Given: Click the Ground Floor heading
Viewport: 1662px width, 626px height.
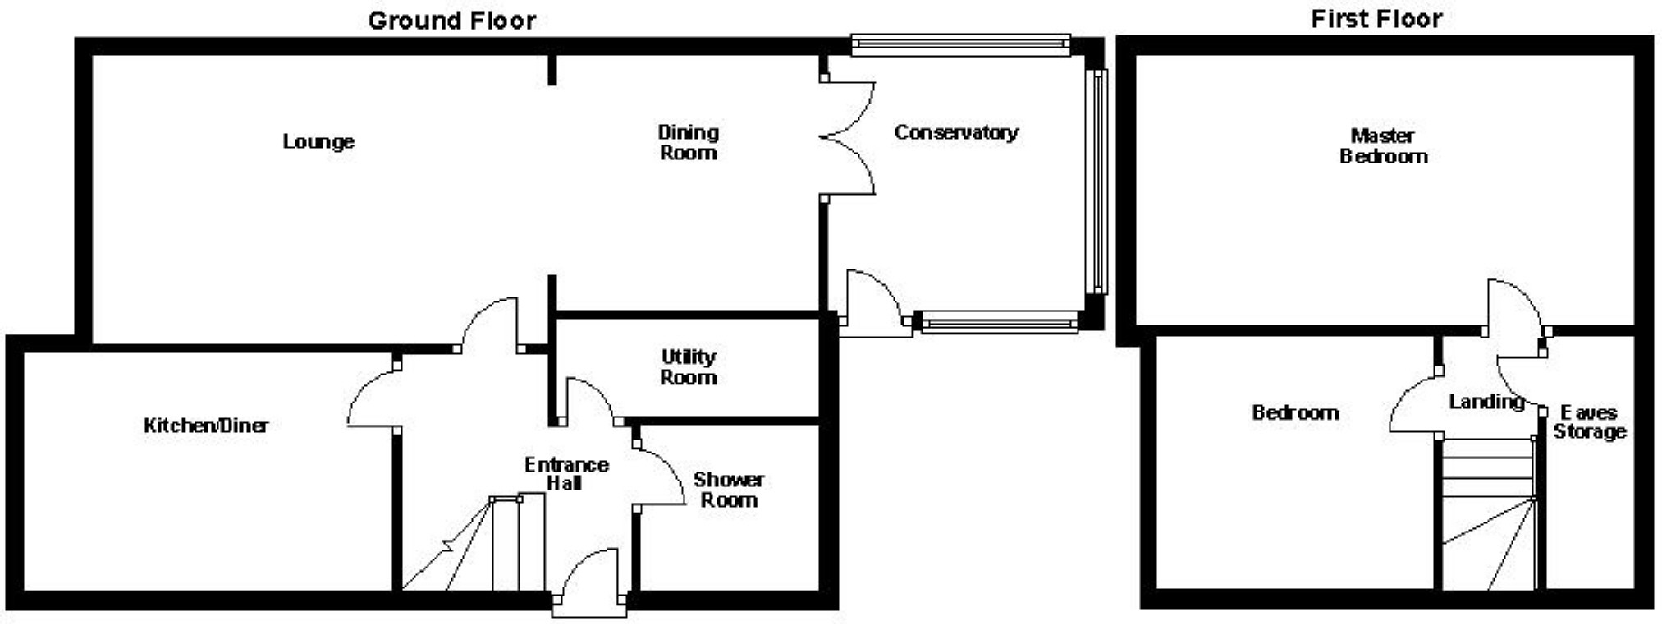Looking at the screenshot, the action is [x=451, y=21].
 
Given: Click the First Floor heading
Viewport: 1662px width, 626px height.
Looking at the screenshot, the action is [x=1376, y=19].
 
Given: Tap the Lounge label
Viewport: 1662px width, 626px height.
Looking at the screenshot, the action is [x=318, y=142].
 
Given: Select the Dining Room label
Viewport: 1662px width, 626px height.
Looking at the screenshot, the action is [x=688, y=143].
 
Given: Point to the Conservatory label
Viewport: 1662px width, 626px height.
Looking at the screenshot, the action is [x=956, y=132].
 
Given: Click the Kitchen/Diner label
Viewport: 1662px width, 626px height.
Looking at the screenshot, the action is [x=205, y=426].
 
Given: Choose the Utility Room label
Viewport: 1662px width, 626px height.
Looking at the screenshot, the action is [x=689, y=367].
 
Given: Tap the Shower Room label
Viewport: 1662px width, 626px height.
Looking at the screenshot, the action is [x=728, y=490].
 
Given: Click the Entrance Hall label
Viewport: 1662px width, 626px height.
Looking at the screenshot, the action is [x=566, y=474].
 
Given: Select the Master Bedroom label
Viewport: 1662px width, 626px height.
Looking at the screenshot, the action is [x=1383, y=146].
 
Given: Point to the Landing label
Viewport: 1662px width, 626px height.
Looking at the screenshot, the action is [x=1486, y=402].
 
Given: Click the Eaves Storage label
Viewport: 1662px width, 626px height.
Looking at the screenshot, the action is [x=1589, y=422].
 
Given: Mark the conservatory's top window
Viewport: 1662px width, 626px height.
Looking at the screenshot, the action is [x=960, y=44].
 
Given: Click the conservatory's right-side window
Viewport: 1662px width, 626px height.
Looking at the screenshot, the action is [x=1098, y=181].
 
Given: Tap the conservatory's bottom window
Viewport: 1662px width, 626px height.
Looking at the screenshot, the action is [x=999, y=323].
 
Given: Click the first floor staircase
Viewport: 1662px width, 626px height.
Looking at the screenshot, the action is [x=1488, y=513].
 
